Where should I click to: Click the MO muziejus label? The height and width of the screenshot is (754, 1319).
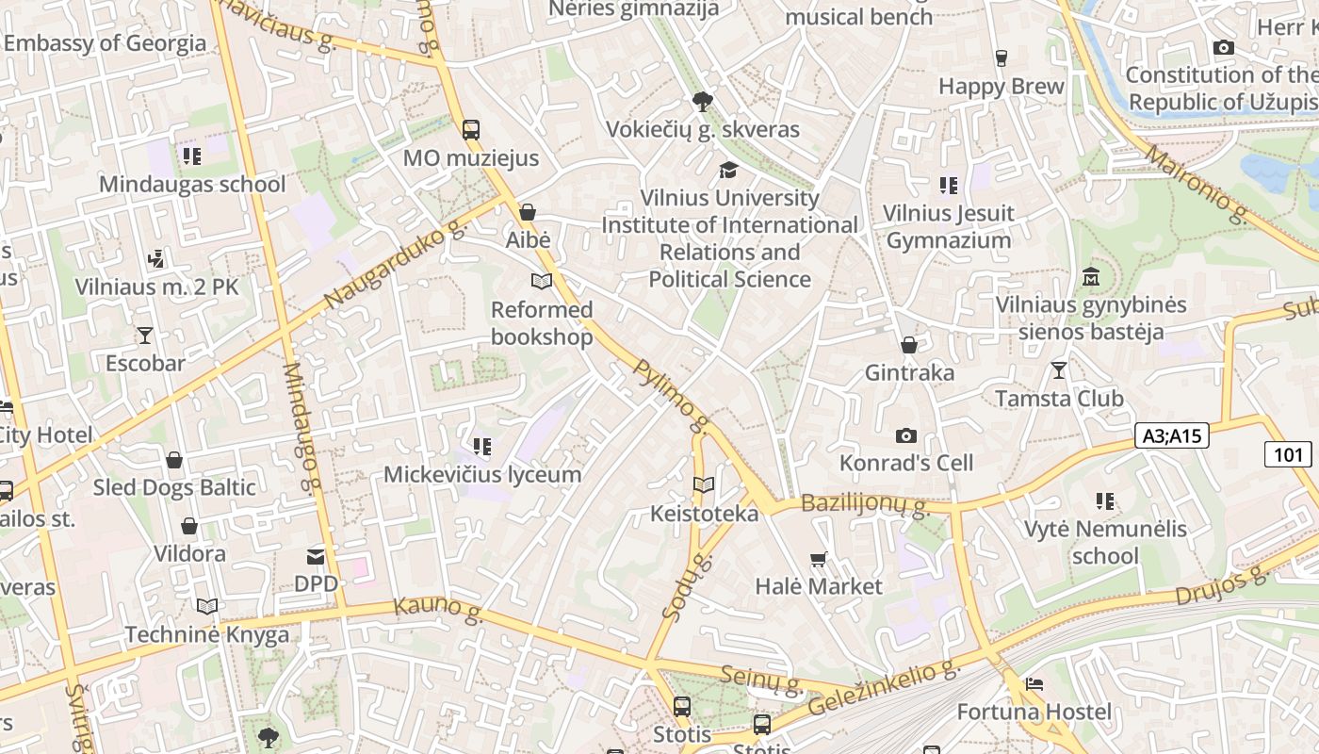[471, 157]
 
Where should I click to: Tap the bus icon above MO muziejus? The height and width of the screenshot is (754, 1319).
[471, 130]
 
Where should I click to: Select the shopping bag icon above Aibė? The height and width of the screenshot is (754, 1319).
[528, 212]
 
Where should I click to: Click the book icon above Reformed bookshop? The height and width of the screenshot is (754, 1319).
[542, 281]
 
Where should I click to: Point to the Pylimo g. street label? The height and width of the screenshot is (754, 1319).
[671, 396]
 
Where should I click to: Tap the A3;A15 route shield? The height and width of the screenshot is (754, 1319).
[1171, 435]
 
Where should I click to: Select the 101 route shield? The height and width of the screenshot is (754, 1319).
[1288, 455]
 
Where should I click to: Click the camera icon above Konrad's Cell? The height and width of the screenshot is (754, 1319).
[906, 435]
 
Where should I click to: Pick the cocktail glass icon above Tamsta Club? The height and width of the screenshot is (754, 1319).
[1059, 370]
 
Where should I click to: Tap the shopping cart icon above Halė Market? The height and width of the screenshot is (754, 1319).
[819, 559]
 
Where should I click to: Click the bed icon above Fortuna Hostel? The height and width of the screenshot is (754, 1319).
[1034, 684]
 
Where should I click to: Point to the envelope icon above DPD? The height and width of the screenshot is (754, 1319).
[316, 557]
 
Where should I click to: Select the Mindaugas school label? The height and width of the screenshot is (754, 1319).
[192, 184]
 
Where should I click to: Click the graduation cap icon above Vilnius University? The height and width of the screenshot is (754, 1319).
[729, 170]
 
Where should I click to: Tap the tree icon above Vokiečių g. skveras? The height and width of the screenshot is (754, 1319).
[702, 102]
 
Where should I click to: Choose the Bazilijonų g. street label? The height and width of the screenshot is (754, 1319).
[865, 505]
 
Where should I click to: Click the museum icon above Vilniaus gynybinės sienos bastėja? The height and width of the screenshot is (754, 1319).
[1091, 277]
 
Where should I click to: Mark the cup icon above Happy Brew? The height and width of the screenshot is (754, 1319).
[1001, 58]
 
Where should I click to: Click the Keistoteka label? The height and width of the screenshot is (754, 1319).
[704, 514]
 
